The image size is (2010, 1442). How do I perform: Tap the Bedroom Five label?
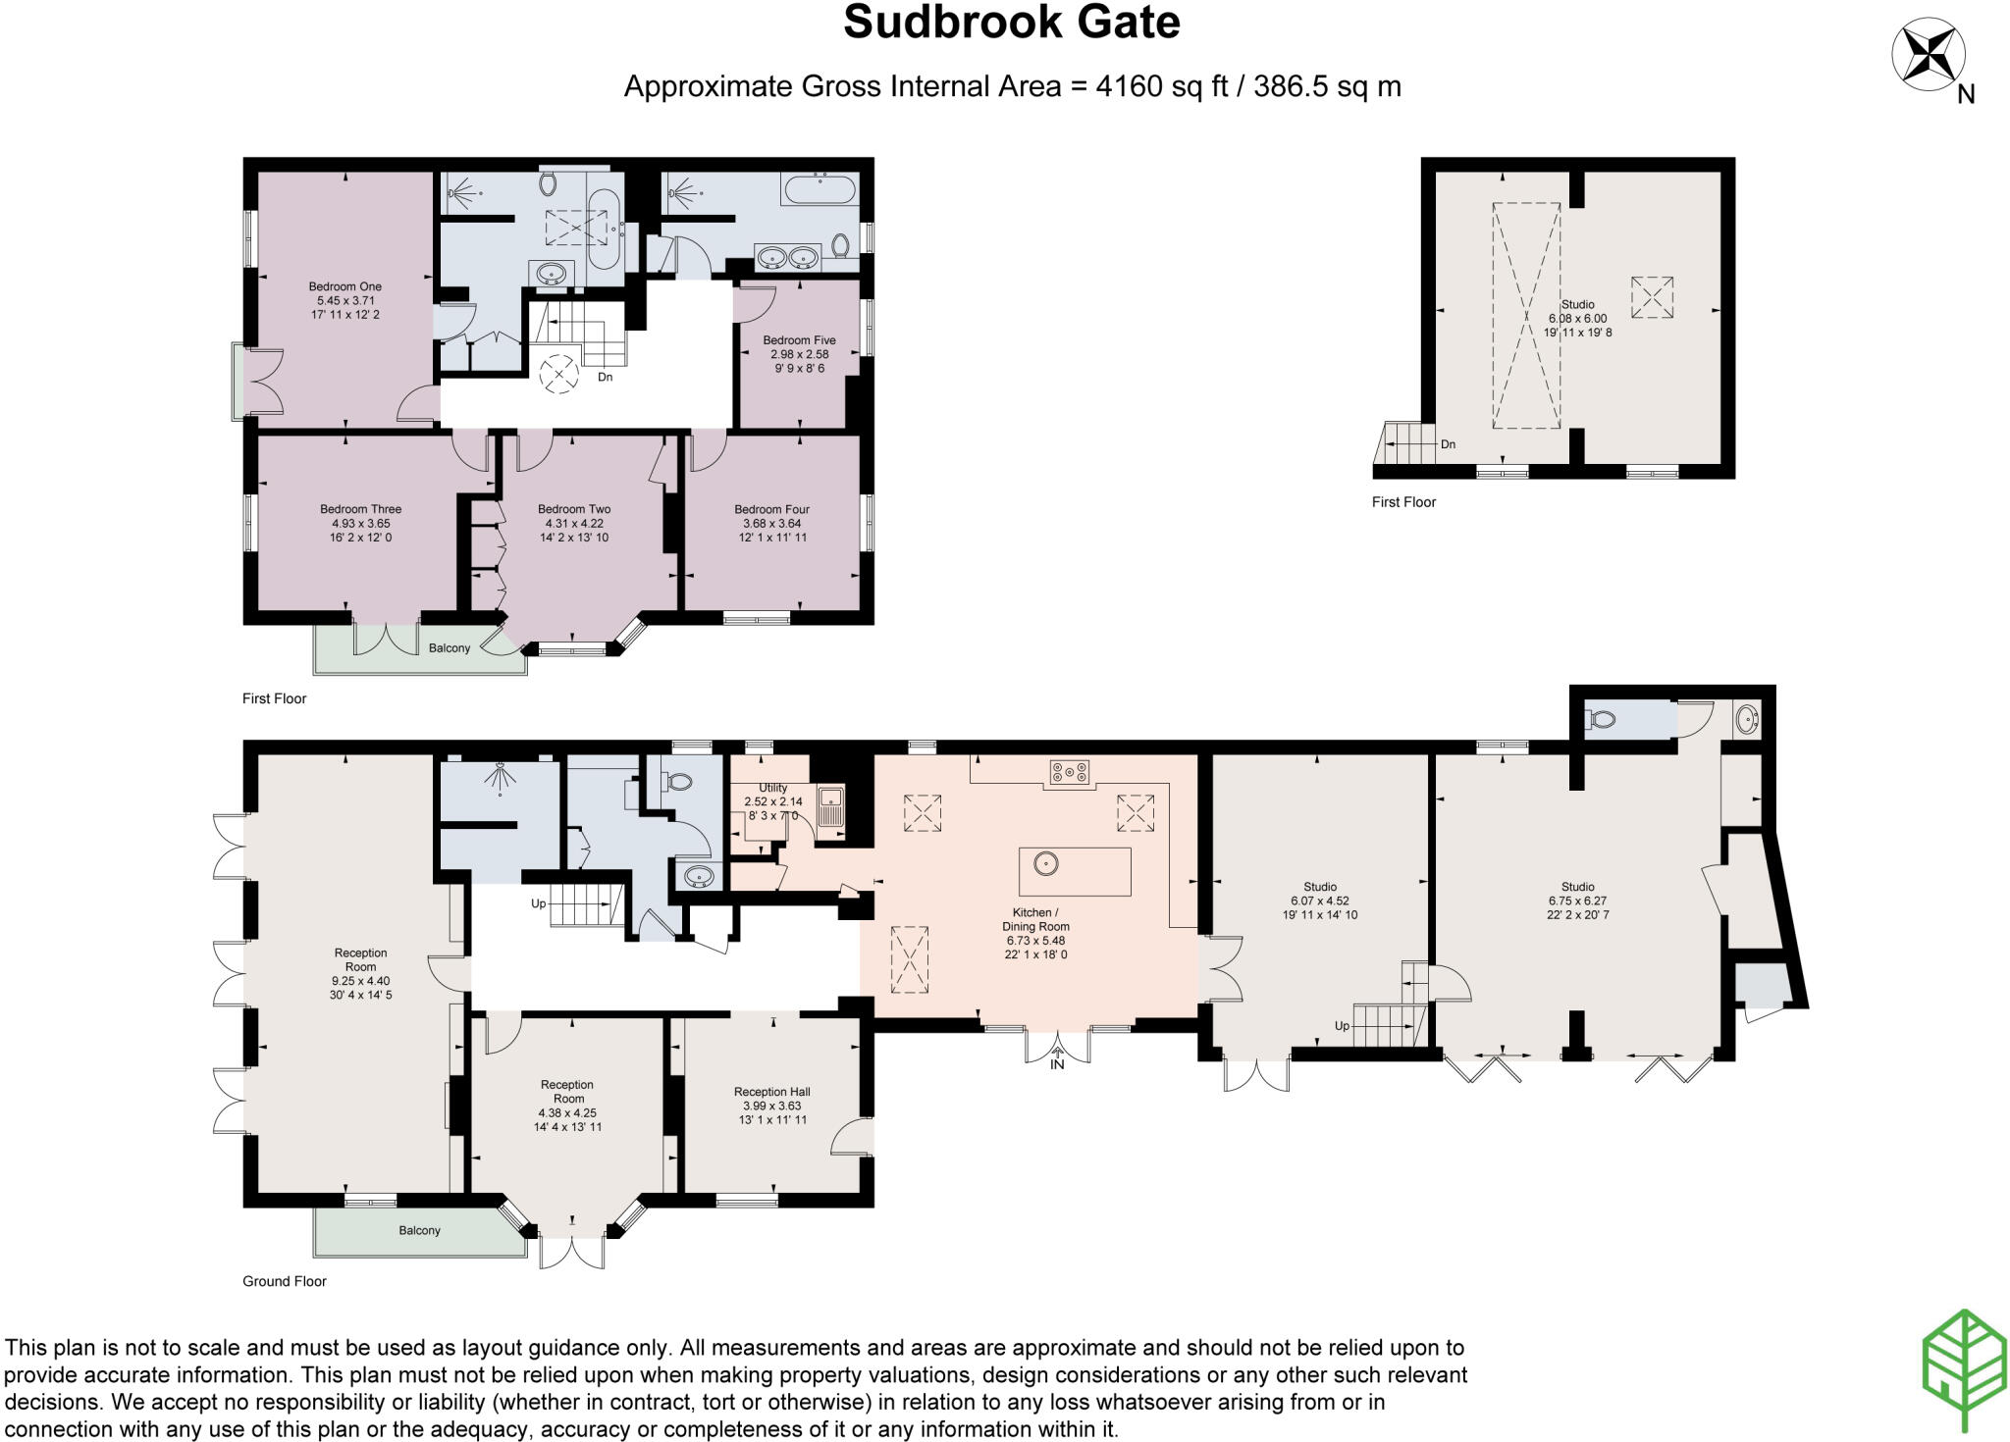click(799, 340)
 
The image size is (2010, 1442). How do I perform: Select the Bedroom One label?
click(344, 286)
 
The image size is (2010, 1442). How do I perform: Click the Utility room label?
click(772, 788)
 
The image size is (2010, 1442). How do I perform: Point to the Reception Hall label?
click(771, 1092)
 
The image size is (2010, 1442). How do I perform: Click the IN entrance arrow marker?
click(1057, 1060)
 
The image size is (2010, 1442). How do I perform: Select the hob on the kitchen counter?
click(1070, 773)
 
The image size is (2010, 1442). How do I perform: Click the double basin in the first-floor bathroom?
click(788, 258)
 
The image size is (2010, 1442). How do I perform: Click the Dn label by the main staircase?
click(606, 377)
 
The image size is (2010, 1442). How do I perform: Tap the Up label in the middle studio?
click(1342, 1026)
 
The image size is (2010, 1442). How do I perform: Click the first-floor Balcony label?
click(450, 648)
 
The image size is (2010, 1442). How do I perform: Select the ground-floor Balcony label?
click(419, 1230)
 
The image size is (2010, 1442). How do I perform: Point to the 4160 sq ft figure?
click(1162, 86)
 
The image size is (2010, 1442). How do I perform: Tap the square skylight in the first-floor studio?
click(1652, 296)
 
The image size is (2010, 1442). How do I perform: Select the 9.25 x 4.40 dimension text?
click(360, 981)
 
